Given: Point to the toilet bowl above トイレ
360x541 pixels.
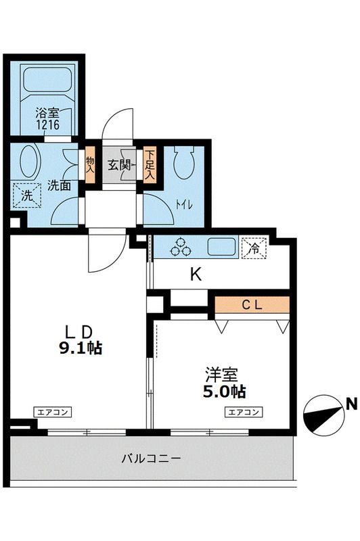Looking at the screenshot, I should pyautogui.click(x=183, y=163).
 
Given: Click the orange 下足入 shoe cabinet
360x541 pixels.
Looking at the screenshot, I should pyautogui.click(x=149, y=164).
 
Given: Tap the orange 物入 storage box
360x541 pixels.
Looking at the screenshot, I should pyautogui.click(x=90, y=164).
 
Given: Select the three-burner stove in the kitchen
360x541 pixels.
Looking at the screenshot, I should pyautogui.click(x=181, y=247).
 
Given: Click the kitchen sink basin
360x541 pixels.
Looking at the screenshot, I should pyautogui.click(x=221, y=247).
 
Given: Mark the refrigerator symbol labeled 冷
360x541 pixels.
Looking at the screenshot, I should pyautogui.click(x=254, y=248).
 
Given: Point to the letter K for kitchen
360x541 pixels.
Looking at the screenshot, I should pyautogui.click(x=196, y=275).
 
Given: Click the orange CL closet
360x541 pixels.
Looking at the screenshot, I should pyautogui.click(x=252, y=304).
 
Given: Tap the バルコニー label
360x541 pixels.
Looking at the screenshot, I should pyautogui.click(x=151, y=458).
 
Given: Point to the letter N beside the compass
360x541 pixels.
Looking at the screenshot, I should pyautogui.click(x=351, y=405).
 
